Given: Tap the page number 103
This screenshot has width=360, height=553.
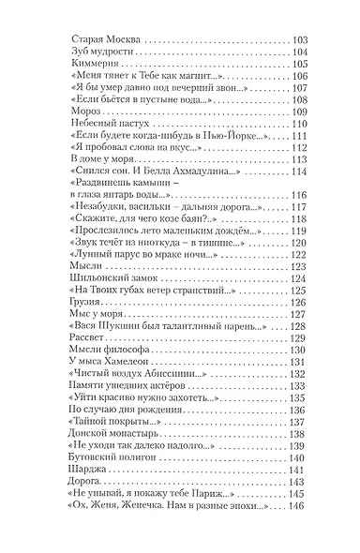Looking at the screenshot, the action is coord(300,38).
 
